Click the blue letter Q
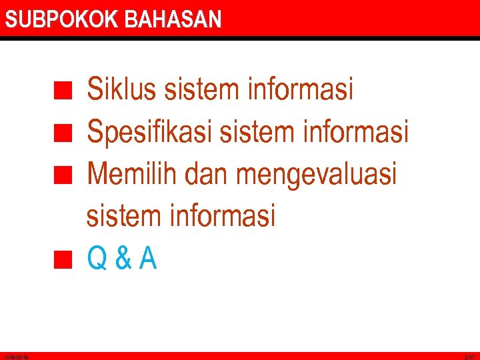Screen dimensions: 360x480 (x=97, y=259)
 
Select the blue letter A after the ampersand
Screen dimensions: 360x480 (x=148, y=259)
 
